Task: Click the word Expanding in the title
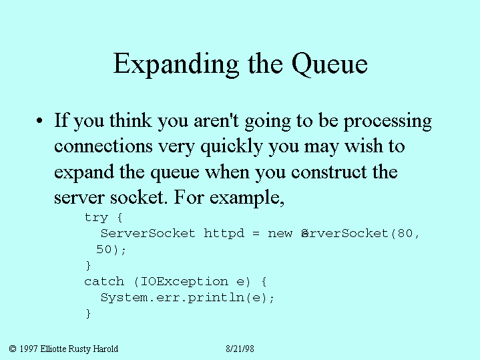pos(176,64)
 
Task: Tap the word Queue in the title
pos(329,64)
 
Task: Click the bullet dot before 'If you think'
pos(39,120)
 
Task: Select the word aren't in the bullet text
pos(216,120)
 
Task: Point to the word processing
pos(388,122)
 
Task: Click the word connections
pos(103,146)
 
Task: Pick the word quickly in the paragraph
pos(232,147)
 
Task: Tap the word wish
pos(364,146)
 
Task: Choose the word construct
pos(328,172)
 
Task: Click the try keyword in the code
pos(96,218)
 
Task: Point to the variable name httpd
pos(224,233)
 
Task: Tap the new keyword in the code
pos(280,234)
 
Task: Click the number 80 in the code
pos(405,233)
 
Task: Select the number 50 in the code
pos(103,249)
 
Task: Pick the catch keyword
pos(104,281)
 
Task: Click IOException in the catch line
pos(184,282)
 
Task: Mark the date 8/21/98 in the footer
pos(240,349)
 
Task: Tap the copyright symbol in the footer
pos(13,349)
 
